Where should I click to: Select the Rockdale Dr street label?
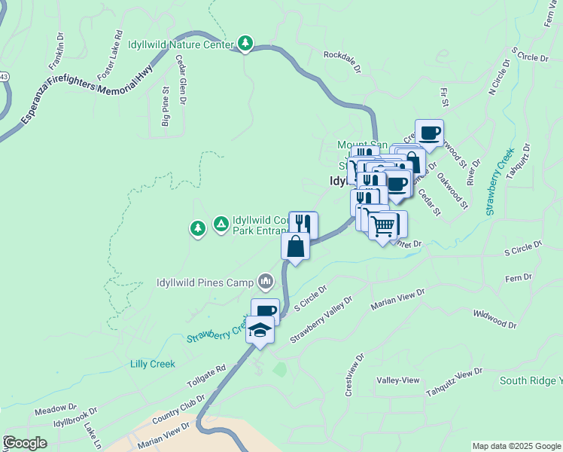tap(344, 55)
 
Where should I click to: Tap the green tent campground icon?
tap(221, 224)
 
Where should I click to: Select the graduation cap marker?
tap(260, 331)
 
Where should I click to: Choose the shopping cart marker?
tap(384, 225)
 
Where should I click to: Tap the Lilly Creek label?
tap(152, 364)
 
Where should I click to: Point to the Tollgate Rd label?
tap(206, 375)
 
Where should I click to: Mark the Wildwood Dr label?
tap(495, 319)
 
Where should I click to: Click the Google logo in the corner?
tap(24, 442)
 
